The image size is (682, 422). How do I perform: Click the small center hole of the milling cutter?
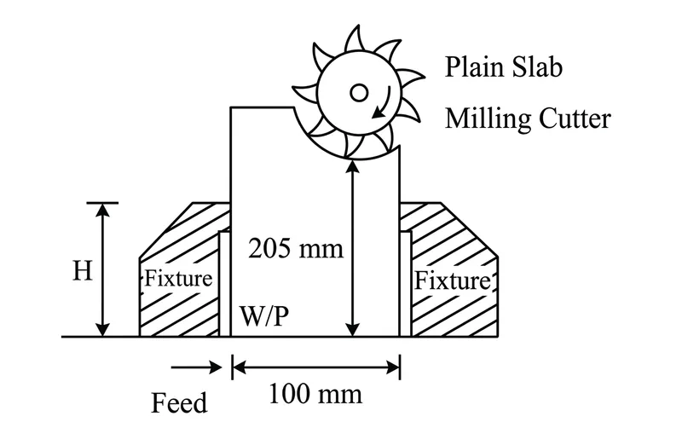click(359, 93)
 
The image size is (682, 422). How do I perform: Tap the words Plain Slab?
click(504, 67)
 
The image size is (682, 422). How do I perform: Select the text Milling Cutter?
click(528, 119)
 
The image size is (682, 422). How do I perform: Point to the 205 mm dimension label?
click(296, 249)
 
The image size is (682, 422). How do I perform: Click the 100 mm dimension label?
click(315, 394)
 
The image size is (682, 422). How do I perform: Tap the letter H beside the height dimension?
click(83, 270)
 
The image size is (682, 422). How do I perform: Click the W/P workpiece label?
click(264, 315)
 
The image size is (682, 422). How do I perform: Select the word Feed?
click(179, 403)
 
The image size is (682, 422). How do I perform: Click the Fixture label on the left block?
click(178, 279)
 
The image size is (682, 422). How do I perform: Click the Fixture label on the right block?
click(453, 280)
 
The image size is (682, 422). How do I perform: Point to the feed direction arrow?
click(197, 367)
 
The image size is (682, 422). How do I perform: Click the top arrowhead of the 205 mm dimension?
click(353, 166)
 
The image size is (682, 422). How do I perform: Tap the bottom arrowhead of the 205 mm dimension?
click(353, 330)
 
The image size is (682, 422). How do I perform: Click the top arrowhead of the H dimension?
click(102, 210)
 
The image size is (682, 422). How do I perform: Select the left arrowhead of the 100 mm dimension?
click(240, 367)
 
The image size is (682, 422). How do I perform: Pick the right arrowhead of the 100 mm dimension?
click(392, 367)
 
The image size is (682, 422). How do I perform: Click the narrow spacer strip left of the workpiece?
click(224, 284)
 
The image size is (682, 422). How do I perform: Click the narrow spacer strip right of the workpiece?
click(406, 284)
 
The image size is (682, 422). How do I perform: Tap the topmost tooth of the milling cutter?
click(355, 39)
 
